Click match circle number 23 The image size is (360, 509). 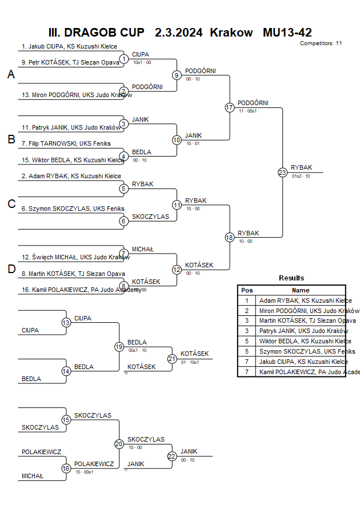[282, 172]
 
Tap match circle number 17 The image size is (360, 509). [229, 107]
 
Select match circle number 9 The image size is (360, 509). [177, 75]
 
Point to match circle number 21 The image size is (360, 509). [172, 359]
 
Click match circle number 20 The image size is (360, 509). [119, 443]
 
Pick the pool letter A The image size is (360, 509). [11, 74]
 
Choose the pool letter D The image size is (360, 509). [11, 270]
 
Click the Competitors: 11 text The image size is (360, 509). [321, 43]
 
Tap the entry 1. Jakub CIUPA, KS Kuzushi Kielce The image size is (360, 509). [69, 46]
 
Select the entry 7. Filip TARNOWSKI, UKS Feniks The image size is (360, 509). [66, 143]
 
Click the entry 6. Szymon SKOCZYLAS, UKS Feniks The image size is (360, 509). [73, 209]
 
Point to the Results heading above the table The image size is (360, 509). [291, 278]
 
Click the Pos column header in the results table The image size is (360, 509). [247, 290]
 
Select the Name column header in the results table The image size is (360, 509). [301, 290]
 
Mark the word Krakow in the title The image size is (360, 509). [231, 33]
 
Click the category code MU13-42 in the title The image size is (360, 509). [287, 33]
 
